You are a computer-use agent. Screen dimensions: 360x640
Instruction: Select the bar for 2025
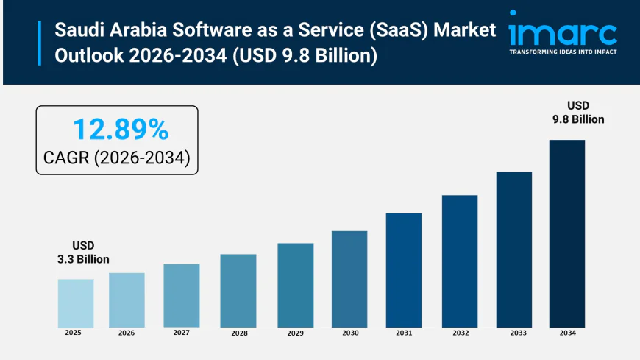pyautogui.click(x=76, y=303)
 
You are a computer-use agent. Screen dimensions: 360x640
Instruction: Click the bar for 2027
pyautogui.click(x=182, y=295)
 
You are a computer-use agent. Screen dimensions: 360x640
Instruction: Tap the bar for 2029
pyautogui.click(x=296, y=285)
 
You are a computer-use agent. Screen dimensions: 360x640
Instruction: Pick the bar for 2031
pyautogui.click(x=404, y=270)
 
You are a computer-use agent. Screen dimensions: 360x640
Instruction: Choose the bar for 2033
pyautogui.click(x=513, y=250)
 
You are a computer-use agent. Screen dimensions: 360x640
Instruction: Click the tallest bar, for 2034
pyautogui.click(x=567, y=233)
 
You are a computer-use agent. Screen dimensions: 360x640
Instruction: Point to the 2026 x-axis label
pyautogui.click(x=127, y=333)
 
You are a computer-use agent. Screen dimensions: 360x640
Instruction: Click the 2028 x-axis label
pyautogui.click(x=239, y=333)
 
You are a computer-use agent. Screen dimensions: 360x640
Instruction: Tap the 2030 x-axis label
pyautogui.click(x=350, y=333)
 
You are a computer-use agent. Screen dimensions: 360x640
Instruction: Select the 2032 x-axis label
pyautogui.click(x=460, y=333)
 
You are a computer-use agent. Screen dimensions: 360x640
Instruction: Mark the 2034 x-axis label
pyautogui.click(x=567, y=333)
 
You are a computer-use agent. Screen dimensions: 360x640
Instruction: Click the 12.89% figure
pyautogui.click(x=120, y=130)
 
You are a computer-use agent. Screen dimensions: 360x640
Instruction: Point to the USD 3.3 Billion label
pyautogui.click(x=83, y=253)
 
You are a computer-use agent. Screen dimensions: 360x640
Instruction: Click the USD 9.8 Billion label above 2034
pyautogui.click(x=577, y=113)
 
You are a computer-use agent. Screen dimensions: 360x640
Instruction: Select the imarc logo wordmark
pyautogui.click(x=563, y=32)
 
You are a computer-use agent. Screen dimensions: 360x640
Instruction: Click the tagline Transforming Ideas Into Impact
pyautogui.click(x=563, y=52)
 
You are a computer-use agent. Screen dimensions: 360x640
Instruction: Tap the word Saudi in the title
pyautogui.click(x=78, y=32)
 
